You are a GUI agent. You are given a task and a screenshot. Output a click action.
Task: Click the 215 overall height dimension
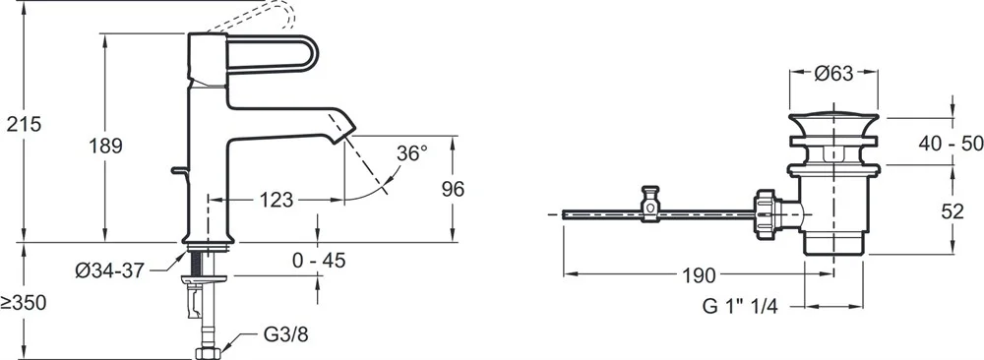[x=24, y=124]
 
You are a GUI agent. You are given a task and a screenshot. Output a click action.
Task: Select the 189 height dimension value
[x=105, y=147]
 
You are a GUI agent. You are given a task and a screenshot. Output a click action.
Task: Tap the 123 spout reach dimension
[x=277, y=200]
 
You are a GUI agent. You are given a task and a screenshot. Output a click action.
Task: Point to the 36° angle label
[x=411, y=153]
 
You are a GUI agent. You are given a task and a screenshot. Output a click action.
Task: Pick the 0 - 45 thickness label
[x=319, y=261]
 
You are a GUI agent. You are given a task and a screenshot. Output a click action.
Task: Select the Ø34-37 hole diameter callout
[x=110, y=270]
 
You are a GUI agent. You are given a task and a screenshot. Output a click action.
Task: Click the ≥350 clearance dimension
[x=24, y=304]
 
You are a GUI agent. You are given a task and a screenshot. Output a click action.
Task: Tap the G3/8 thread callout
[x=285, y=334]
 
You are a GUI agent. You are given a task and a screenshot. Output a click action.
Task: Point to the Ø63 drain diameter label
[x=834, y=74]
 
